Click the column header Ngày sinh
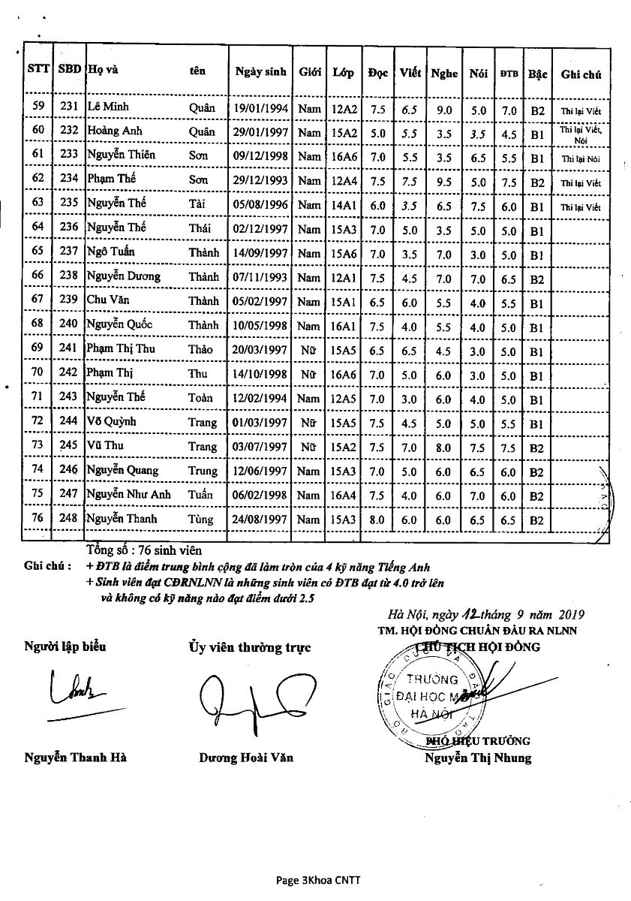[260, 72]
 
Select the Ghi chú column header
[581, 74]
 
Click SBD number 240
[68, 324]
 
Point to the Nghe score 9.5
[444, 181]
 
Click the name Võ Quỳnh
[111, 421]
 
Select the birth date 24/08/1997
[260, 519]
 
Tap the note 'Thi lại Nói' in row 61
[581, 159]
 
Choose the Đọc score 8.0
[377, 519]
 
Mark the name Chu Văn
[104, 300]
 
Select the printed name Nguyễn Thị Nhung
[477, 758]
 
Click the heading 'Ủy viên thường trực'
[249, 647]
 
